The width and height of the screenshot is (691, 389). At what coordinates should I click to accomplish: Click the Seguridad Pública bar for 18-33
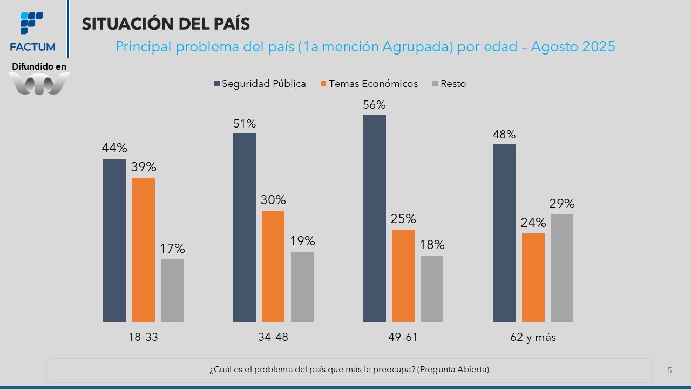(x=114, y=240)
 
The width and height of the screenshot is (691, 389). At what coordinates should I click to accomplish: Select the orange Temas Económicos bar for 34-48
(x=273, y=266)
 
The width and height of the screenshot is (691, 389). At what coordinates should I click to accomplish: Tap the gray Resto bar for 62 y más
(x=562, y=268)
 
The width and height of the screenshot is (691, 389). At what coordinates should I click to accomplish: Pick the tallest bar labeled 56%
(x=375, y=218)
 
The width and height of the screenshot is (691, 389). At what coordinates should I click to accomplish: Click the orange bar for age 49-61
(x=403, y=276)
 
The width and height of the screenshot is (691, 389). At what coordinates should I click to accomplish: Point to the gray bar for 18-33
(x=172, y=291)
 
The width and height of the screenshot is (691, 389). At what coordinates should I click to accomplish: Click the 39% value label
(x=143, y=167)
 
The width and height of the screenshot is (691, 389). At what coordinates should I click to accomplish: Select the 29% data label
(x=562, y=204)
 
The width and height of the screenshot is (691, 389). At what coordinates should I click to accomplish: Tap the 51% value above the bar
(x=245, y=124)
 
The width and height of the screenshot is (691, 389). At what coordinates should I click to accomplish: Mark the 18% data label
(x=432, y=245)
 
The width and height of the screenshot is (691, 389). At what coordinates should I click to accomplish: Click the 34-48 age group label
(x=273, y=337)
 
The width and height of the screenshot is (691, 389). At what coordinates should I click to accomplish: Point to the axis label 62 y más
(x=533, y=337)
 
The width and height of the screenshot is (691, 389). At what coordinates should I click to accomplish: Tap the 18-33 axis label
(x=143, y=337)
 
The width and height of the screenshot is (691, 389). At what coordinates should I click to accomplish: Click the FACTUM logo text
(x=32, y=47)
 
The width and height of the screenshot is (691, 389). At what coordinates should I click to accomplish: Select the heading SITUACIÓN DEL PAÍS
(x=166, y=24)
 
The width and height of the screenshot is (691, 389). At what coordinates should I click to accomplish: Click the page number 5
(x=670, y=370)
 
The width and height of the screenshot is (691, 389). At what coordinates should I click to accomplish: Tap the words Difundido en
(x=39, y=66)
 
